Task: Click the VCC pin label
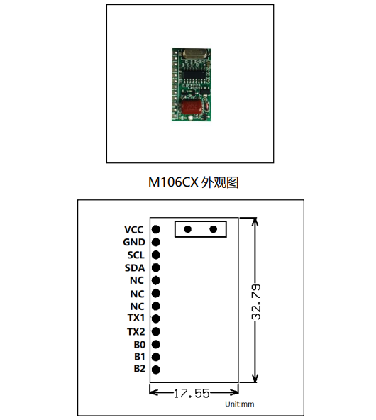pyautogui.click(x=134, y=230)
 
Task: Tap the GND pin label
pyautogui.click(x=134, y=242)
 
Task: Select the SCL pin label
pyautogui.click(x=136, y=255)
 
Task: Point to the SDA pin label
pyautogui.click(x=135, y=268)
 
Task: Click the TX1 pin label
pyautogui.click(x=136, y=318)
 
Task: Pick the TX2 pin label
pyautogui.click(x=136, y=332)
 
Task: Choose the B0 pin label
pyautogui.click(x=140, y=345)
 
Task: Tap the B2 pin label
pyautogui.click(x=140, y=369)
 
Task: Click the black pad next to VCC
pyautogui.click(x=156, y=229)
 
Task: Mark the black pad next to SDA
pyautogui.click(x=156, y=267)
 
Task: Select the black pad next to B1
pyautogui.click(x=156, y=357)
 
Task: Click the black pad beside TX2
pyautogui.click(x=156, y=331)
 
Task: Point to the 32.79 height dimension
pyautogui.click(x=256, y=302)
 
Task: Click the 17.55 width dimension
pyautogui.click(x=192, y=394)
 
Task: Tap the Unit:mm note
pyautogui.click(x=239, y=404)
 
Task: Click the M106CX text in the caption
pyautogui.click(x=173, y=182)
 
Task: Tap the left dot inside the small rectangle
pyautogui.click(x=188, y=229)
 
